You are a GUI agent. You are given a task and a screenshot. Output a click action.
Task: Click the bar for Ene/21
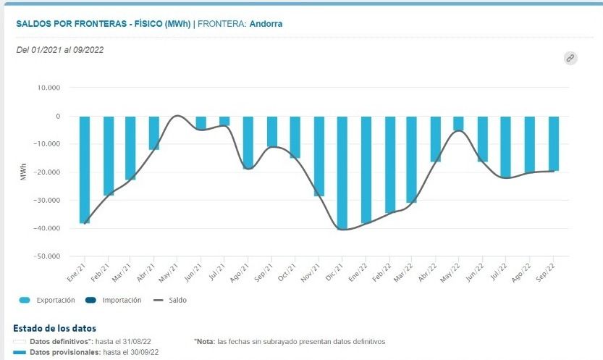(x=85, y=169)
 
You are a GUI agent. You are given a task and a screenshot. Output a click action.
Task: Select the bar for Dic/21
(x=342, y=172)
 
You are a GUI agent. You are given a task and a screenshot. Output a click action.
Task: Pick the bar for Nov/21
(x=319, y=156)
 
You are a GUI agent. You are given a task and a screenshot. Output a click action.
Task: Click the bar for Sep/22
(x=554, y=143)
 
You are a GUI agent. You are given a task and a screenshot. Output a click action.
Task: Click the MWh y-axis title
(x=23, y=172)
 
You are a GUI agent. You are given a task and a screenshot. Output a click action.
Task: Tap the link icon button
(x=570, y=58)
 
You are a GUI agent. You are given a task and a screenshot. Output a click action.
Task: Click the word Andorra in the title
(x=266, y=24)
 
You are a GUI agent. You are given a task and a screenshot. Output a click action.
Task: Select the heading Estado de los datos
(x=55, y=329)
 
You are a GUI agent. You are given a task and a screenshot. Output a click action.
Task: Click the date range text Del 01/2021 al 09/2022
(x=59, y=50)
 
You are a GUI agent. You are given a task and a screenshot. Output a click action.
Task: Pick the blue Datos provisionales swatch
(x=21, y=352)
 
